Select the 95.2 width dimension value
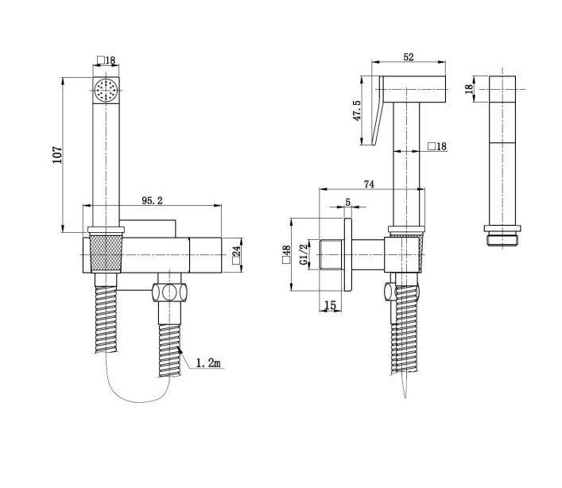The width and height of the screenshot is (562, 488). coord(153,201)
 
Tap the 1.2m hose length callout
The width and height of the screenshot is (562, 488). coord(208,362)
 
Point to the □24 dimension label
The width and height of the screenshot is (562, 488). coord(236,255)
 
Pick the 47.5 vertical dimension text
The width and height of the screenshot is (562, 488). coord(358,110)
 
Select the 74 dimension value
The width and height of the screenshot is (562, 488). coord(369,184)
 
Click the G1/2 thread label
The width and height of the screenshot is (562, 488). coord(304,254)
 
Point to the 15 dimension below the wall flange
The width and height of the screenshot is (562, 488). coord(330,305)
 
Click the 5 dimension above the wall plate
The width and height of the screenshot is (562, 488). coord(347,202)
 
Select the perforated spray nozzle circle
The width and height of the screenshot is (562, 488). coord(105,91)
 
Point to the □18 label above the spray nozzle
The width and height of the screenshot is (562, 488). coord(107,60)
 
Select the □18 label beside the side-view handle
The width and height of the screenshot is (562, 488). coord(436,145)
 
